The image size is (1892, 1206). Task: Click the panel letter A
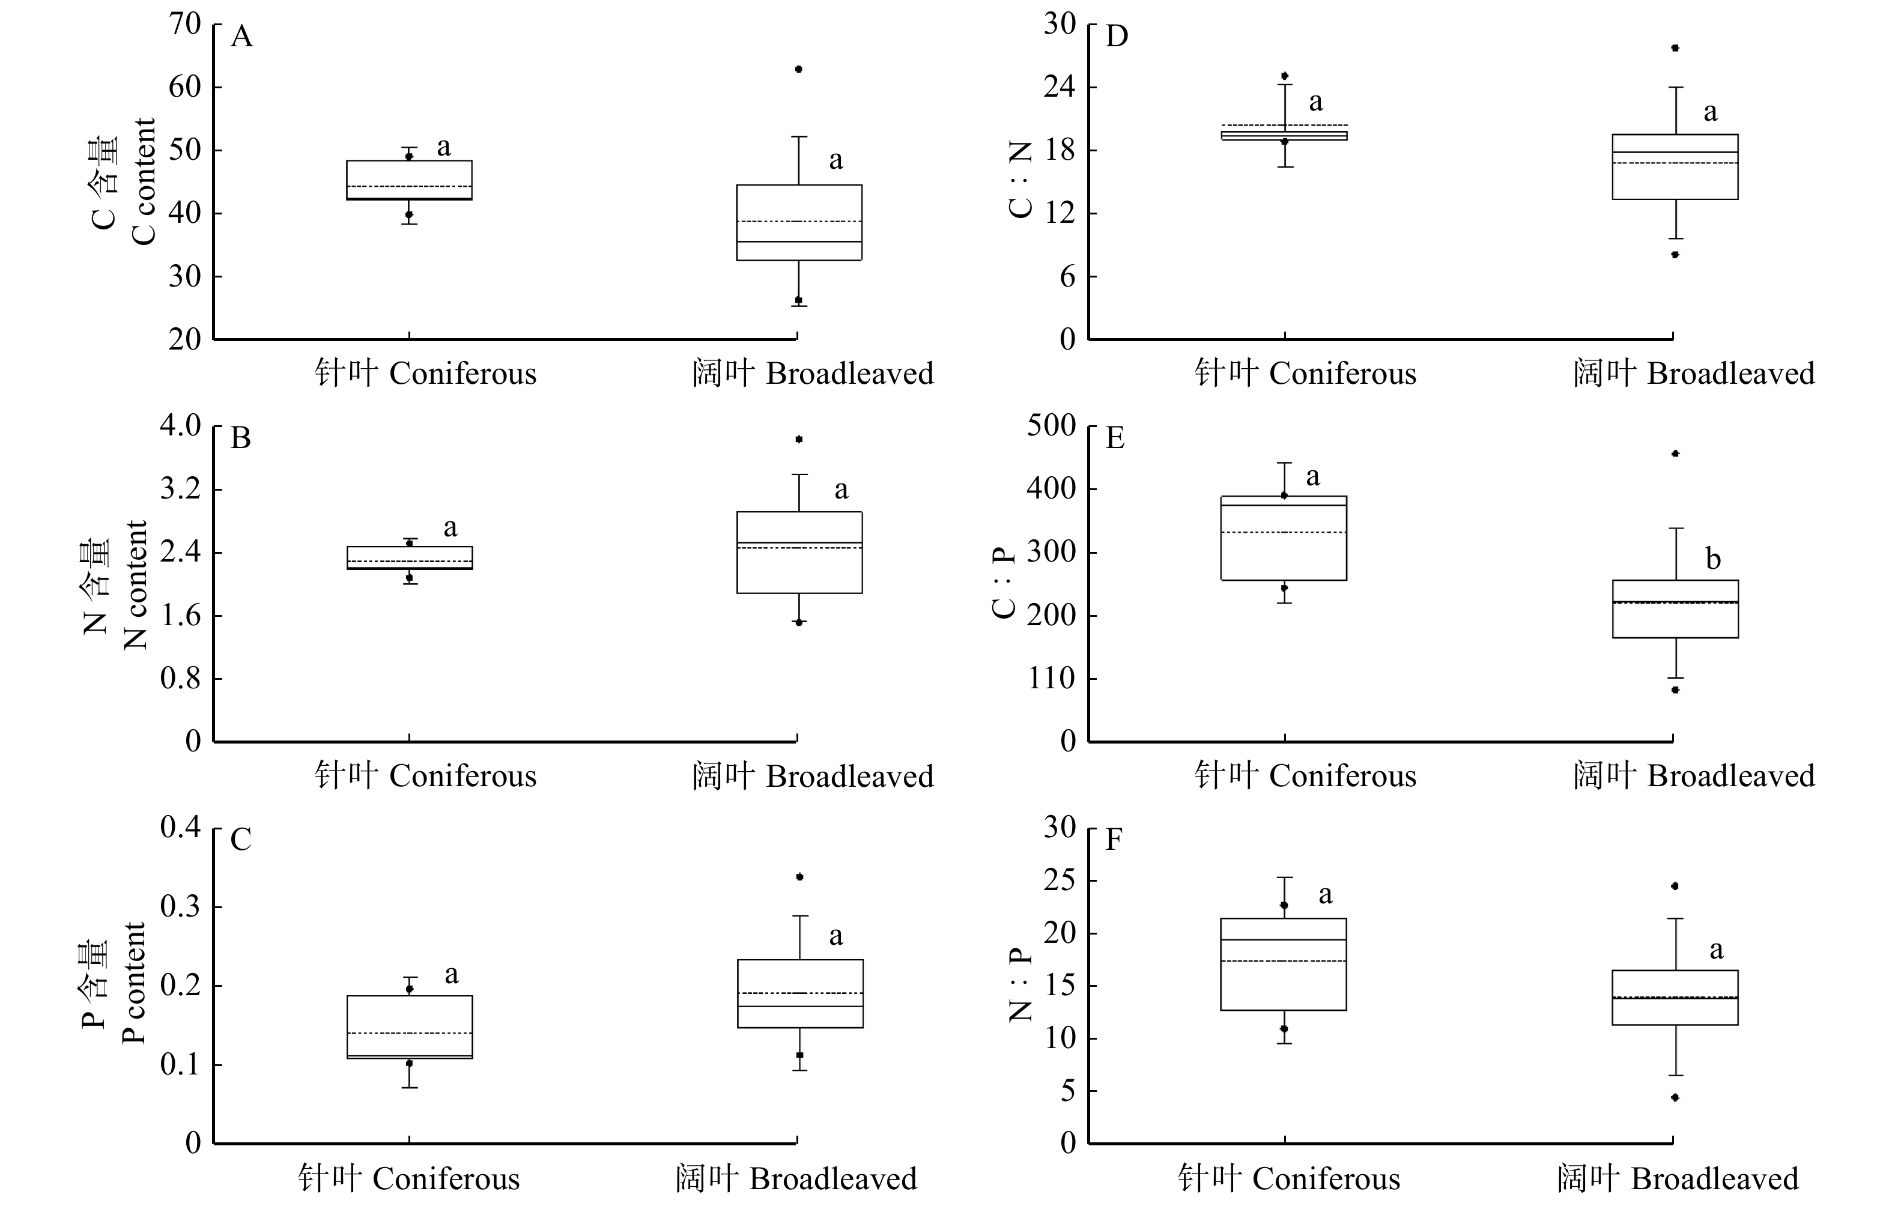pyautogui.click(x=241, y=37)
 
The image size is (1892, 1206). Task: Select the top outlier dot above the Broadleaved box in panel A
pyautogui.click(x=798, y=69)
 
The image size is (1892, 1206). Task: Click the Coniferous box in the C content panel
pyautogui.click(x=410, y=181)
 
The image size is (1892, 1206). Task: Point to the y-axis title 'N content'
pyautogui.click(x=135, y=586)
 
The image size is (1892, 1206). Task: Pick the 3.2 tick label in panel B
pyautogui.click(x=181, y=489)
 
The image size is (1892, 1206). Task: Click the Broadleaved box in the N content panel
pyautogui.click(x=799, y=553)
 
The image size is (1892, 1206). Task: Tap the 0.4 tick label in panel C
pyautogui.click(x=181, y=827)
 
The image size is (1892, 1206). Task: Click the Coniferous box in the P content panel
pyautogui.click(x=410, y=1027)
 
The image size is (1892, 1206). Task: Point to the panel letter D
pyautogui.click(x=1117, y=37)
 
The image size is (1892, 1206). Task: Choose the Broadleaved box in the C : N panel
pyautogui.click(x=1675, y=166)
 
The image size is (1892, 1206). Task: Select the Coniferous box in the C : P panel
pyautogui.click(x=1284, y=538)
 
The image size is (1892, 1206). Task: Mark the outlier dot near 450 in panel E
pyautogui.click(x=1675, y=453)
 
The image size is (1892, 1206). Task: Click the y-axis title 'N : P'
pyautogui.click(x=1020, y=985)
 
